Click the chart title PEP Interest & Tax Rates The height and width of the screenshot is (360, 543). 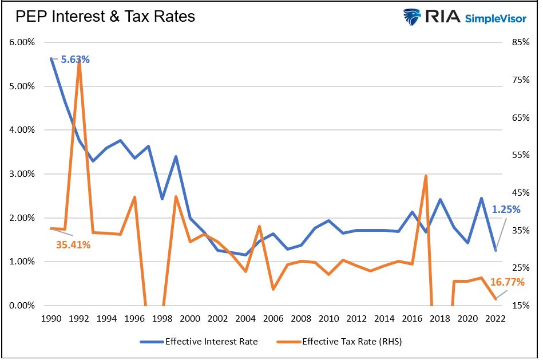(105, 17)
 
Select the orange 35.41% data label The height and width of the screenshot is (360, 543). (73, 244)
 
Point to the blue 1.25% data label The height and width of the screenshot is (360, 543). (506, 209)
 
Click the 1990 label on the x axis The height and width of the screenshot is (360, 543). (51, 319)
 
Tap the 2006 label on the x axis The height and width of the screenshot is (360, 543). (274, 319)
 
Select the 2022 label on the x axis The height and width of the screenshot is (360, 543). (496, 319)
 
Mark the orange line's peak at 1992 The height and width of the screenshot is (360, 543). (79, 60)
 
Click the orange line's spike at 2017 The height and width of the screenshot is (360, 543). (426, 176)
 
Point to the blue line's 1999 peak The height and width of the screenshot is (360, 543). (176, 156)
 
